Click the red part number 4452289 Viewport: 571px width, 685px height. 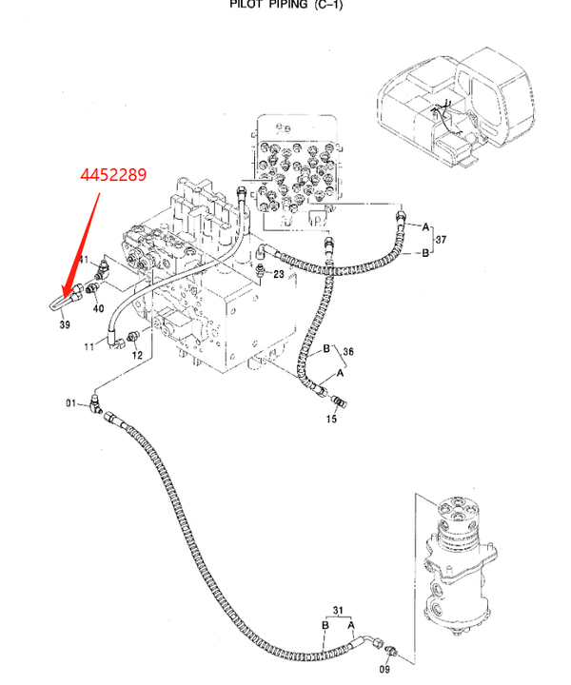[x=113, y=175]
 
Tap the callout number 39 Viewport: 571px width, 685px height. [x=65, y=324]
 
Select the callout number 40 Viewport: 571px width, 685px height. [x=99, y=308]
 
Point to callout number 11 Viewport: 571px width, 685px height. [x=89, y=347]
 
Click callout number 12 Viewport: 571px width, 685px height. [x=137, y=355]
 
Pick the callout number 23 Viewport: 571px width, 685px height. [x=279, y=274]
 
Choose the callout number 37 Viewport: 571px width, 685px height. [x=441, y=240]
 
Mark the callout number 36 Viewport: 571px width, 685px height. [x=348, y=351]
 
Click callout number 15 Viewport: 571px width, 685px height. [x=331, y=419]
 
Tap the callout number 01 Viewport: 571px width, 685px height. [x=70, y=402]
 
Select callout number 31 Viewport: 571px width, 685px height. [x=338, y=610]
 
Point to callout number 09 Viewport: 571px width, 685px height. [x=384, y=669]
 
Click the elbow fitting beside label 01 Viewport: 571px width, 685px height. [x=96, y=403]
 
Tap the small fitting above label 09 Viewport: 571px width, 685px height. [x=391, y=652]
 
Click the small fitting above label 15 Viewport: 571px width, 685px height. [x=340, y=401]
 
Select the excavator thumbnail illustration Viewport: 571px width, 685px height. [x=456, y=108]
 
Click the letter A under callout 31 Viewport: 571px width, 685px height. [x=352, y=626]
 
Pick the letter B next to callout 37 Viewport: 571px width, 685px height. [x=425, y=253]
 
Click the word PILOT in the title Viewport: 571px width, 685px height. [x=245, y=5]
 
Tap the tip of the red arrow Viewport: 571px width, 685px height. [x=64, y=298]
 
